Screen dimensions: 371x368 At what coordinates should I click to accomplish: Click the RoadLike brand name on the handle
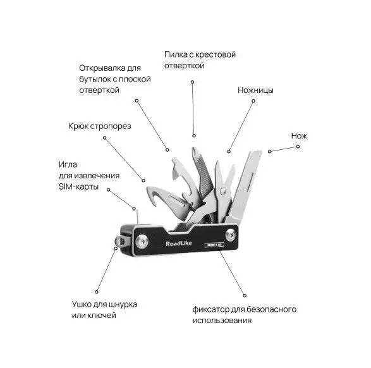179,243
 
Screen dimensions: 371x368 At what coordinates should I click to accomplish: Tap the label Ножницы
255,90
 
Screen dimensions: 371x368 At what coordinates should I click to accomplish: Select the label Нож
299,136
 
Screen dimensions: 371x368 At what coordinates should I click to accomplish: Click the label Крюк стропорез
100,126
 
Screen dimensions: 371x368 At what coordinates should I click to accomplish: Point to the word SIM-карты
78,187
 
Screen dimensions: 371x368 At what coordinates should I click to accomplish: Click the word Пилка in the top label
176,54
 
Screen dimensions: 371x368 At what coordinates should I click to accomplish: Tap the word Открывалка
102,68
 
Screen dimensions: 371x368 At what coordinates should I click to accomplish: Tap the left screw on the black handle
142,241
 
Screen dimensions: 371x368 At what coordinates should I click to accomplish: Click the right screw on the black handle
230,235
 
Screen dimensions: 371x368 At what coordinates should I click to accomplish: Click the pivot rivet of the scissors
222,191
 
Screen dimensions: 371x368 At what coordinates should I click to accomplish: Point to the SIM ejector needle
137,217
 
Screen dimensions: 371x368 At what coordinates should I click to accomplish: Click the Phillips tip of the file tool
194,152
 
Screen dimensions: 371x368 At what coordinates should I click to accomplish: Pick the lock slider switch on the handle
214,245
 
